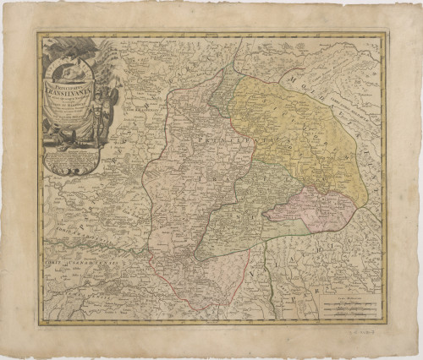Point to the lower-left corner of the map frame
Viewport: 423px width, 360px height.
(x=38, y=322)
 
